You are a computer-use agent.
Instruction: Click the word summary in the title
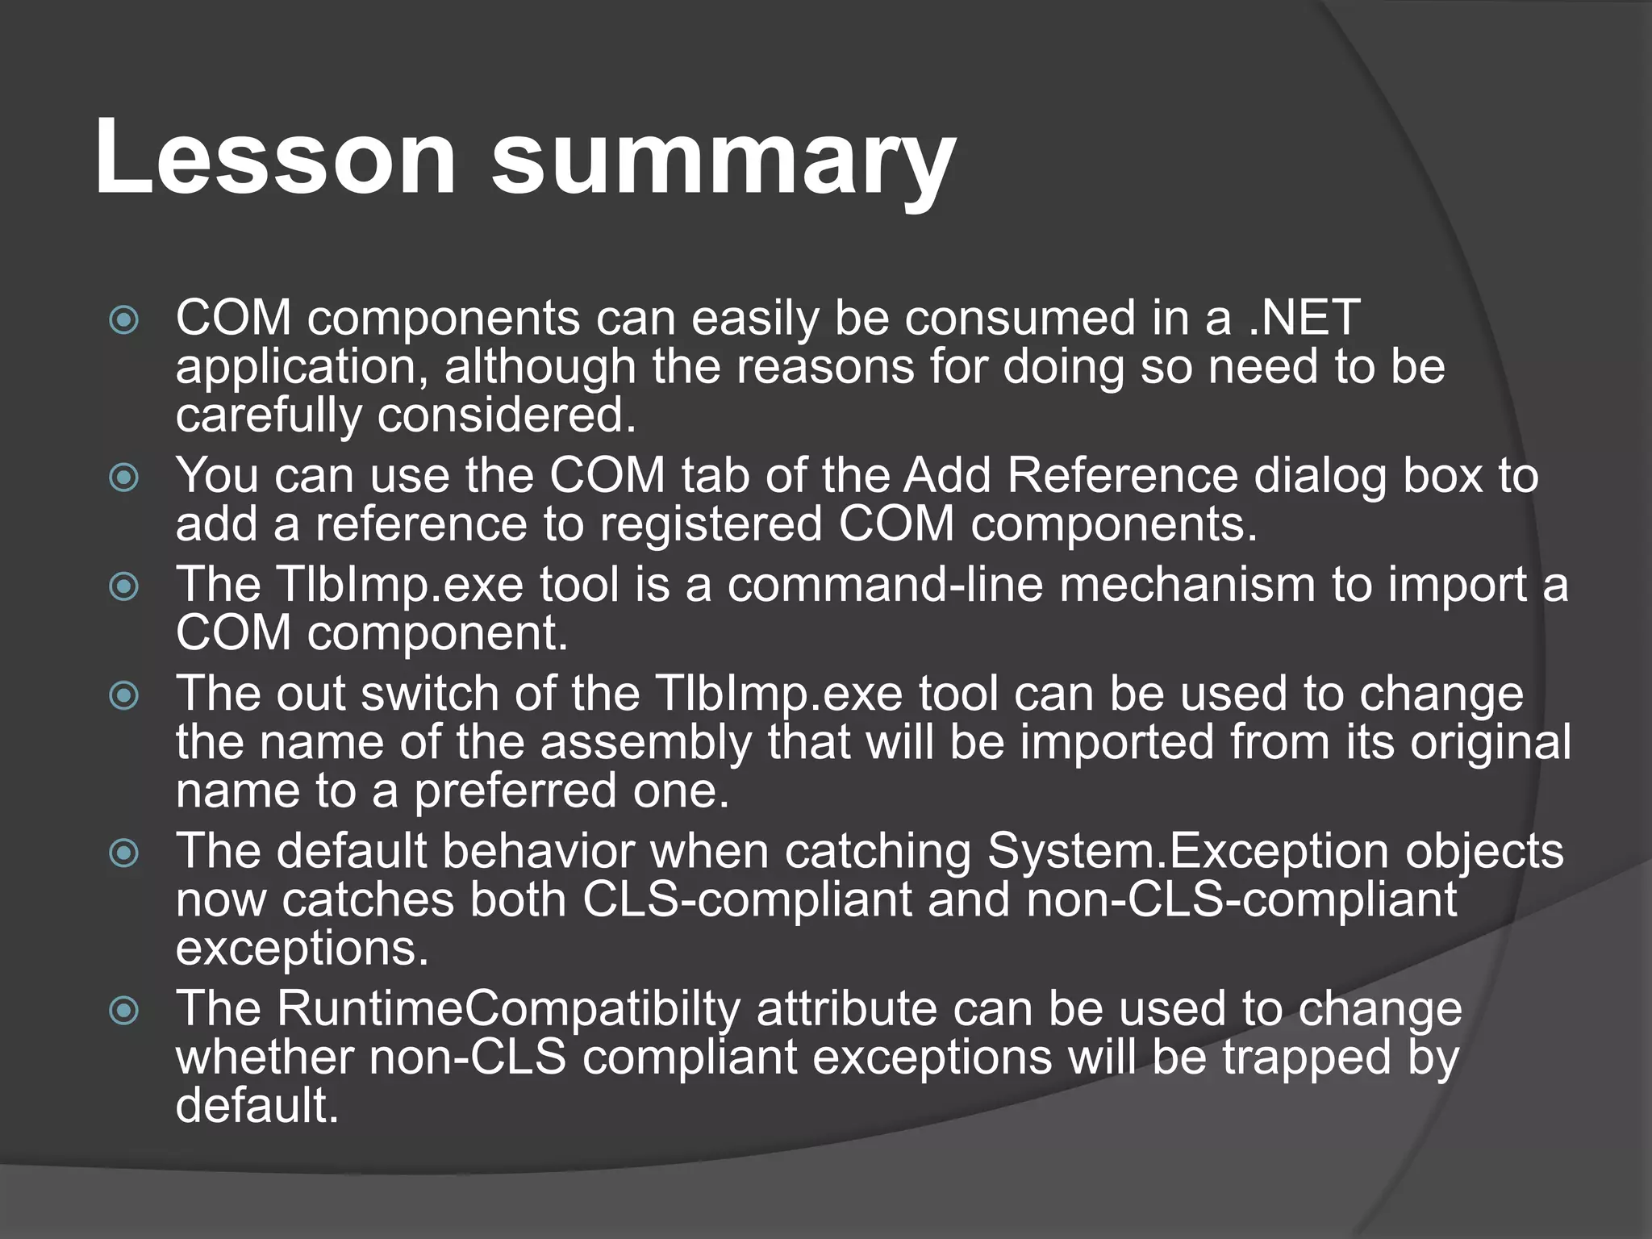pyautogui.click(x=723, y=161)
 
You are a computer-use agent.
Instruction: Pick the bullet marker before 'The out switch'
pyautogui.click(x=124, y=696)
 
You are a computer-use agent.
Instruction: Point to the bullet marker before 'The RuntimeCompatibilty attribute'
pyautogui.click(x=124, y=1010)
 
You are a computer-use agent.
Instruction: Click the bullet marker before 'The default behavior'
pyautogui.click(x=124, y=853)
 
